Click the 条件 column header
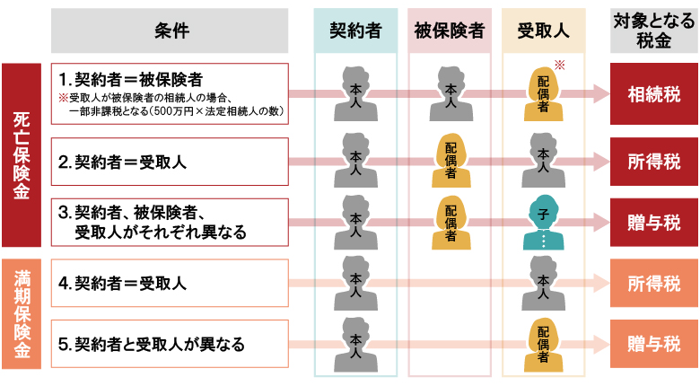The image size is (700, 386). coord(170,31)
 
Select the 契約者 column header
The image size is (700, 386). coord(355,31)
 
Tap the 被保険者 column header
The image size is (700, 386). coord(450,31)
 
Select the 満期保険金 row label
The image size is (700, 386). coord(22,314)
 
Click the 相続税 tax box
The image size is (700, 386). coord(654,93)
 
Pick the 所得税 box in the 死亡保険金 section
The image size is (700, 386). coord(654,162)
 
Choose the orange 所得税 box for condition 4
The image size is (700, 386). coord(654,284)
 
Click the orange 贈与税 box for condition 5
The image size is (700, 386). coord(654,344)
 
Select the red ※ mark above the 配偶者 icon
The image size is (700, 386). coord(559,66)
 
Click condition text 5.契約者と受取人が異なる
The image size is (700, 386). coord(151,344)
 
